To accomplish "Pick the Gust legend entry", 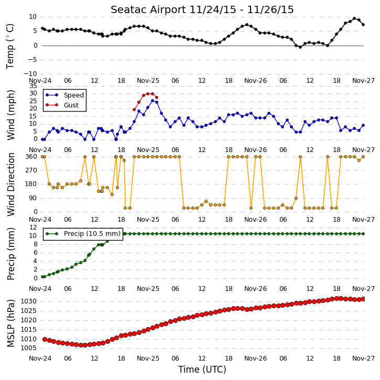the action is (x=62, y=105).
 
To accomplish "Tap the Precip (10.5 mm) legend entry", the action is (x=83, y=234).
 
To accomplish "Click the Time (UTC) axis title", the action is (x=202, y=370).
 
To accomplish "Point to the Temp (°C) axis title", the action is (x=10, y=46).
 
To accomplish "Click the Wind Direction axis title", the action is (x=10, y=184).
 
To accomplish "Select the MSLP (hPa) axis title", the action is (x=10, y=323).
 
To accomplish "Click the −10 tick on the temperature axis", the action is (x=30, y=74).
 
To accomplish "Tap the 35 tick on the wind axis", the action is (x=33, y=86).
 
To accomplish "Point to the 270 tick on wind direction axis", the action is (x=31, y=170).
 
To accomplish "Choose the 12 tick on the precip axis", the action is (x=33, y=227).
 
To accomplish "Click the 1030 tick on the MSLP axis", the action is (x=28, y=301).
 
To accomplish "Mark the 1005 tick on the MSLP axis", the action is (x=28, y=348).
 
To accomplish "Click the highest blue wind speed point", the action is (x=153, y=101).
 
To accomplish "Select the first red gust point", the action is (x=134, y=110).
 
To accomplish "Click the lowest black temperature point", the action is (x=300, y=47).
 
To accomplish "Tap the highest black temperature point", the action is (x=354, y=18).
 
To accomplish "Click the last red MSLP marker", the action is (x=363, y=299).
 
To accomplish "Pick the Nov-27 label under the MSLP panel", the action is (x=363, y=359).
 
